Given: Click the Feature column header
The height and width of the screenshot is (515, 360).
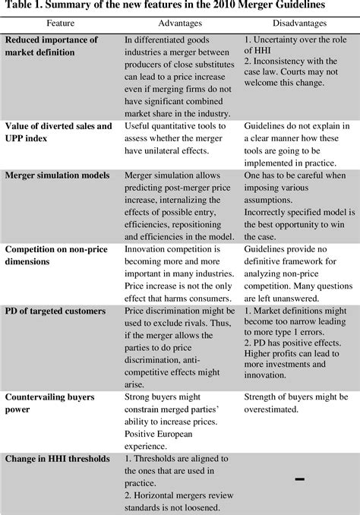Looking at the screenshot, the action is click(x=61, y=24).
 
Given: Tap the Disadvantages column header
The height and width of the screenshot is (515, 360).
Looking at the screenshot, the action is click(x=298, y=24).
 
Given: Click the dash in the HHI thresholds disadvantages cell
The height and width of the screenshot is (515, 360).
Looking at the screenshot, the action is click(x=298, y=479).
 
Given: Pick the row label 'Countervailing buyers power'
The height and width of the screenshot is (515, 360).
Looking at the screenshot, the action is click(x=51, y=403).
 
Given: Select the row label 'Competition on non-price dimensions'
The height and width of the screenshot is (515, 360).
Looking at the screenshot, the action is click(x=57, y=253).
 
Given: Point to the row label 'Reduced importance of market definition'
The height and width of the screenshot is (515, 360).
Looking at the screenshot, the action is click(x=51, y=46).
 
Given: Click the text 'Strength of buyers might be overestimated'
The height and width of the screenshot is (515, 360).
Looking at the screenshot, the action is click(x=298, y=403).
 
